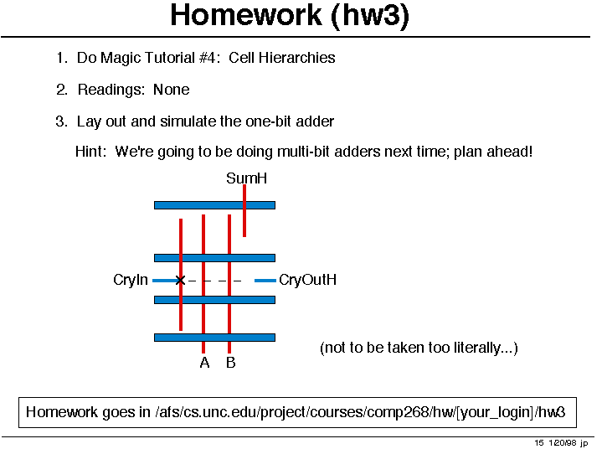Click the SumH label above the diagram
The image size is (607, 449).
coord(247,178)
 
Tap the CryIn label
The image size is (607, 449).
coord(131,280)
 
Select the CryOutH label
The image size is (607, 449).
coord(308,280)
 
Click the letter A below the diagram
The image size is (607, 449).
coord(205,363)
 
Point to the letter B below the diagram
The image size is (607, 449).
coord(231,363)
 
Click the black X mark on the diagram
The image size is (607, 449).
coord(180,280)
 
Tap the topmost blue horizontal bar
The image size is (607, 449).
coord(215,205)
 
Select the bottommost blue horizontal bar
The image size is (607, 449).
coord(215,338)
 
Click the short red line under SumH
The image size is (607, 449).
coord(244,211)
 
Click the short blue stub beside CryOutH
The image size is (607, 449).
coord(265,280)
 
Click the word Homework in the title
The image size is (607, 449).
coord(246,15)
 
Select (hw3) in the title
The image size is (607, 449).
coord(370,16)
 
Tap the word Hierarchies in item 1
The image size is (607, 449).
coord(297,58)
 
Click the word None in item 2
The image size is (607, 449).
coord(172,90)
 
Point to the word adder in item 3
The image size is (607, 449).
coord(315,121)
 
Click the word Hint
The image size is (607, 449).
coord(90,152)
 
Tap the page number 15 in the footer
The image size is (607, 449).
coord(539,443)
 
